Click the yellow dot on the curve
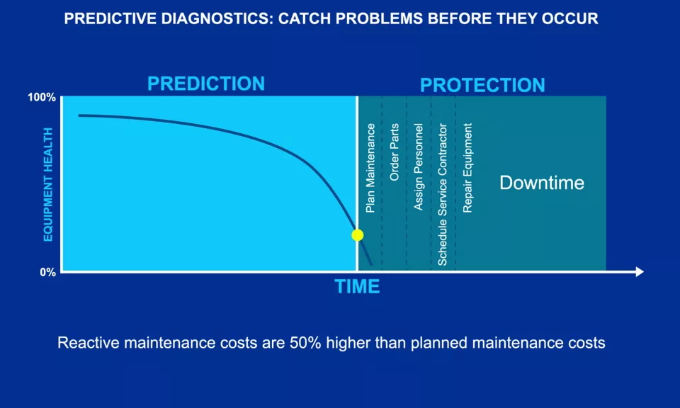pyautogui.click(x=357, y=235)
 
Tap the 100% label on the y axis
pyautogui.click(x=41, y=97)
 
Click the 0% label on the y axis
pyautogui.click(x=47, y=272)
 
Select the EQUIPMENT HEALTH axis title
pyautogui.click(x=48, y=184)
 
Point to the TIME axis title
pyautogui.click(x=357, y=287)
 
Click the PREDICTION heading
pyautogui.click(x=206, y=84)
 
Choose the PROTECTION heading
pyautogui.click(x=482, y=86)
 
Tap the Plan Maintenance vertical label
pyautogui.click(x=370, y=168)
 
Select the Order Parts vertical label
pyautogui.click(x=395, y=152)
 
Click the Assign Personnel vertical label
pyautogui.click(x=419, y=167)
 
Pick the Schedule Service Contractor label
pyautogui.click(x=443, y=195)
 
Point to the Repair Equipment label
pyautogui.click(x=467, y=168)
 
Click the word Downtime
pyautogui.click(x=542, y=183)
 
